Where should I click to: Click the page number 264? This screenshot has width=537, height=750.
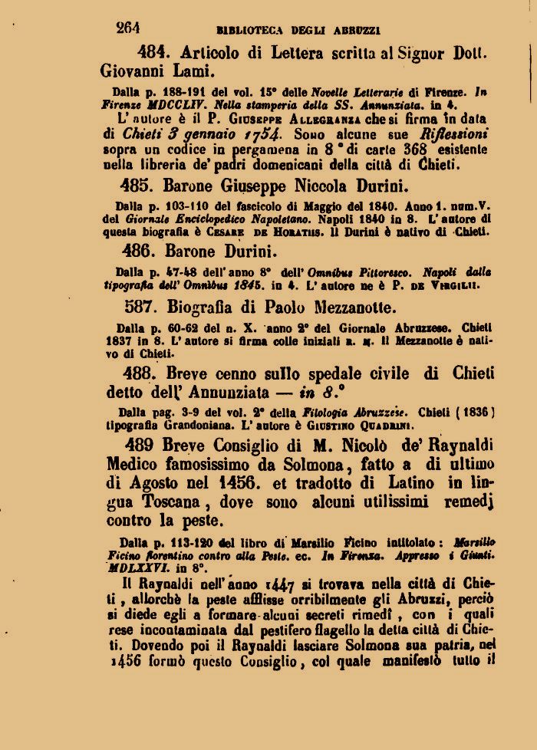point(127,28)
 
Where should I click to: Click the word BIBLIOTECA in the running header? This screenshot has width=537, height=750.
point(250,31)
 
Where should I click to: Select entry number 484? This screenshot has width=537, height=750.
point(152,53)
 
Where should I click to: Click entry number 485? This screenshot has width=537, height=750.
point(137,186)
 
